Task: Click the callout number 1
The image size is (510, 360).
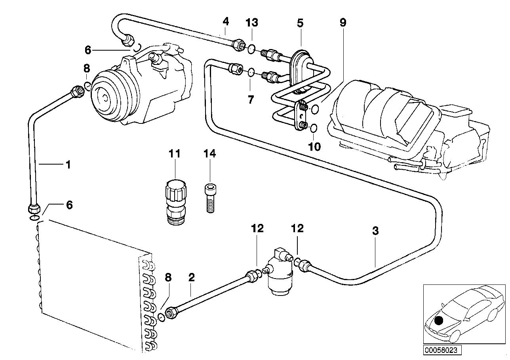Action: (68, 164)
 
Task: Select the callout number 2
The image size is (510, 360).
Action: (192, 277)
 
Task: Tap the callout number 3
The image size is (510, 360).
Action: (375, 231)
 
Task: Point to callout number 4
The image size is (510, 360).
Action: (225, 21)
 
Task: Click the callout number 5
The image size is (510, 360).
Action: (300, 23)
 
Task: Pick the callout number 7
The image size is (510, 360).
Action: (251, 99)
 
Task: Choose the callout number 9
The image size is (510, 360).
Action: (343, 23)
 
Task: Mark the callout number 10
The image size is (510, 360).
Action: (315, 146)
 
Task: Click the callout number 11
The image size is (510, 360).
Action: (175, 153)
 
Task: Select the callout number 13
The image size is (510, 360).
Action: (252, 23)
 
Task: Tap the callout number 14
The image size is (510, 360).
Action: (210, 153)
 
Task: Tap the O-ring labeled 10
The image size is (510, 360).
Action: (314, 128)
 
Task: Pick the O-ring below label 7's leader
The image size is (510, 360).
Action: (251, 72)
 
